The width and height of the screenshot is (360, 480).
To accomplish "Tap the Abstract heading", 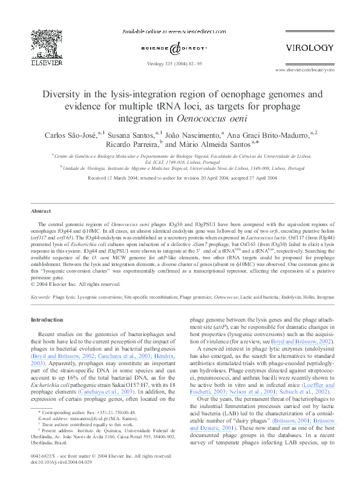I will click(x=41, y=211).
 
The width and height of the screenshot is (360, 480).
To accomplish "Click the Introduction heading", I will click(x=47, y=320).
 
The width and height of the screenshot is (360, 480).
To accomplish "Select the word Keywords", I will click(x=41, y=297).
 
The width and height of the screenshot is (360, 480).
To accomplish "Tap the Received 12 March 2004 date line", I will click(x=180, y=178).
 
